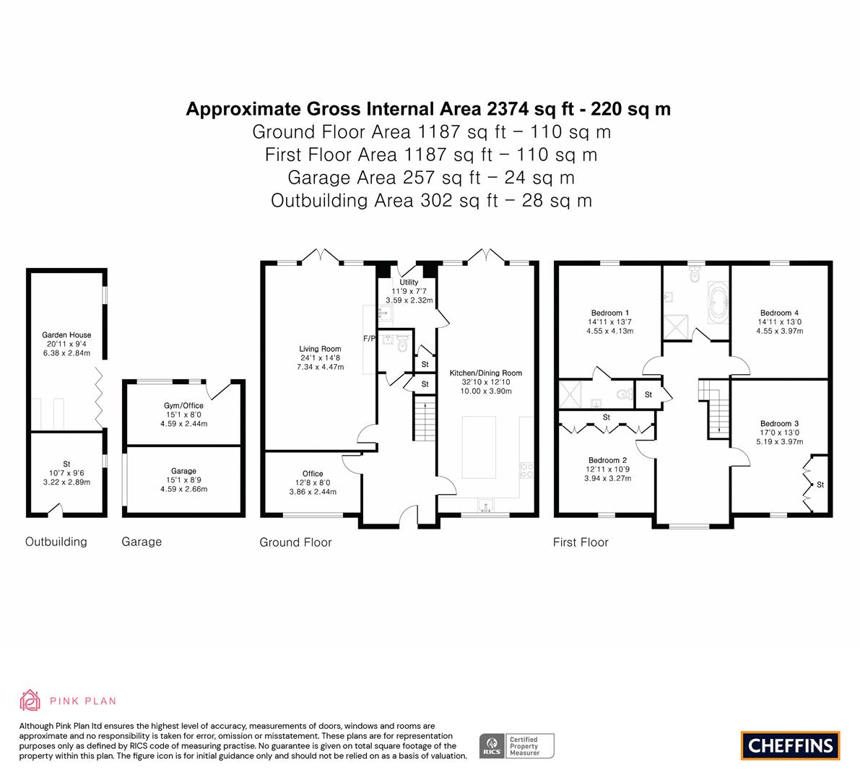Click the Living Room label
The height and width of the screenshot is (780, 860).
click(321, 349)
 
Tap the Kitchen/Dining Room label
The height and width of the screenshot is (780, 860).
click(486, 373)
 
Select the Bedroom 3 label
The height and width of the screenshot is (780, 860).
click(779, 423)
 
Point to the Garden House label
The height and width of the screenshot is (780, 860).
click(67, 334)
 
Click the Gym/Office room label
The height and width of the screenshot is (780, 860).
click(183, 405)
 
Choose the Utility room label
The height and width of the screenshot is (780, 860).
click(409, 282)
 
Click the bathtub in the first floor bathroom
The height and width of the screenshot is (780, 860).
click(718, 303)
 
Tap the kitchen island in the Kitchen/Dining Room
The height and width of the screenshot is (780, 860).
click(479, 448)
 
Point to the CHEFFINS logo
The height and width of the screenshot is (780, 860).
click(791, 745)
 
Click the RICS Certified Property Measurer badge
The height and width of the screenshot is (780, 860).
click(517, 746)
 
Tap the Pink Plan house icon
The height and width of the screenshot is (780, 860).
click(30, 700)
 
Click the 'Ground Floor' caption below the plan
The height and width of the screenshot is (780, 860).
click(295, 542)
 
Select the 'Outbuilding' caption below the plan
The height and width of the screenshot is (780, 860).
click(56, 542)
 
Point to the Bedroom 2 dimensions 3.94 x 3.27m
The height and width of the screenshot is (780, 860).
click(608, 478)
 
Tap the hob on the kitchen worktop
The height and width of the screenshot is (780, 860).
click(526, 470)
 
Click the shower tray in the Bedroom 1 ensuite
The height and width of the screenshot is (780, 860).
click(570, 394)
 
